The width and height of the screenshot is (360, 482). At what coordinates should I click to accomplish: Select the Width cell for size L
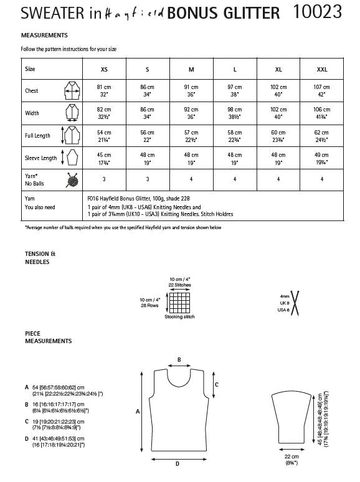[234, 113]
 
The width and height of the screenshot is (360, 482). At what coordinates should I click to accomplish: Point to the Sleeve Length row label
[40, 158]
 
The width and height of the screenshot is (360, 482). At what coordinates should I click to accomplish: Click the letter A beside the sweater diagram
[138, 411]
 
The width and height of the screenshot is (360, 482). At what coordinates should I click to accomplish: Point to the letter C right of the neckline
[216, 384]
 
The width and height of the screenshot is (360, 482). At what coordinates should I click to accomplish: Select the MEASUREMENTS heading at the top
[44, 36]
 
